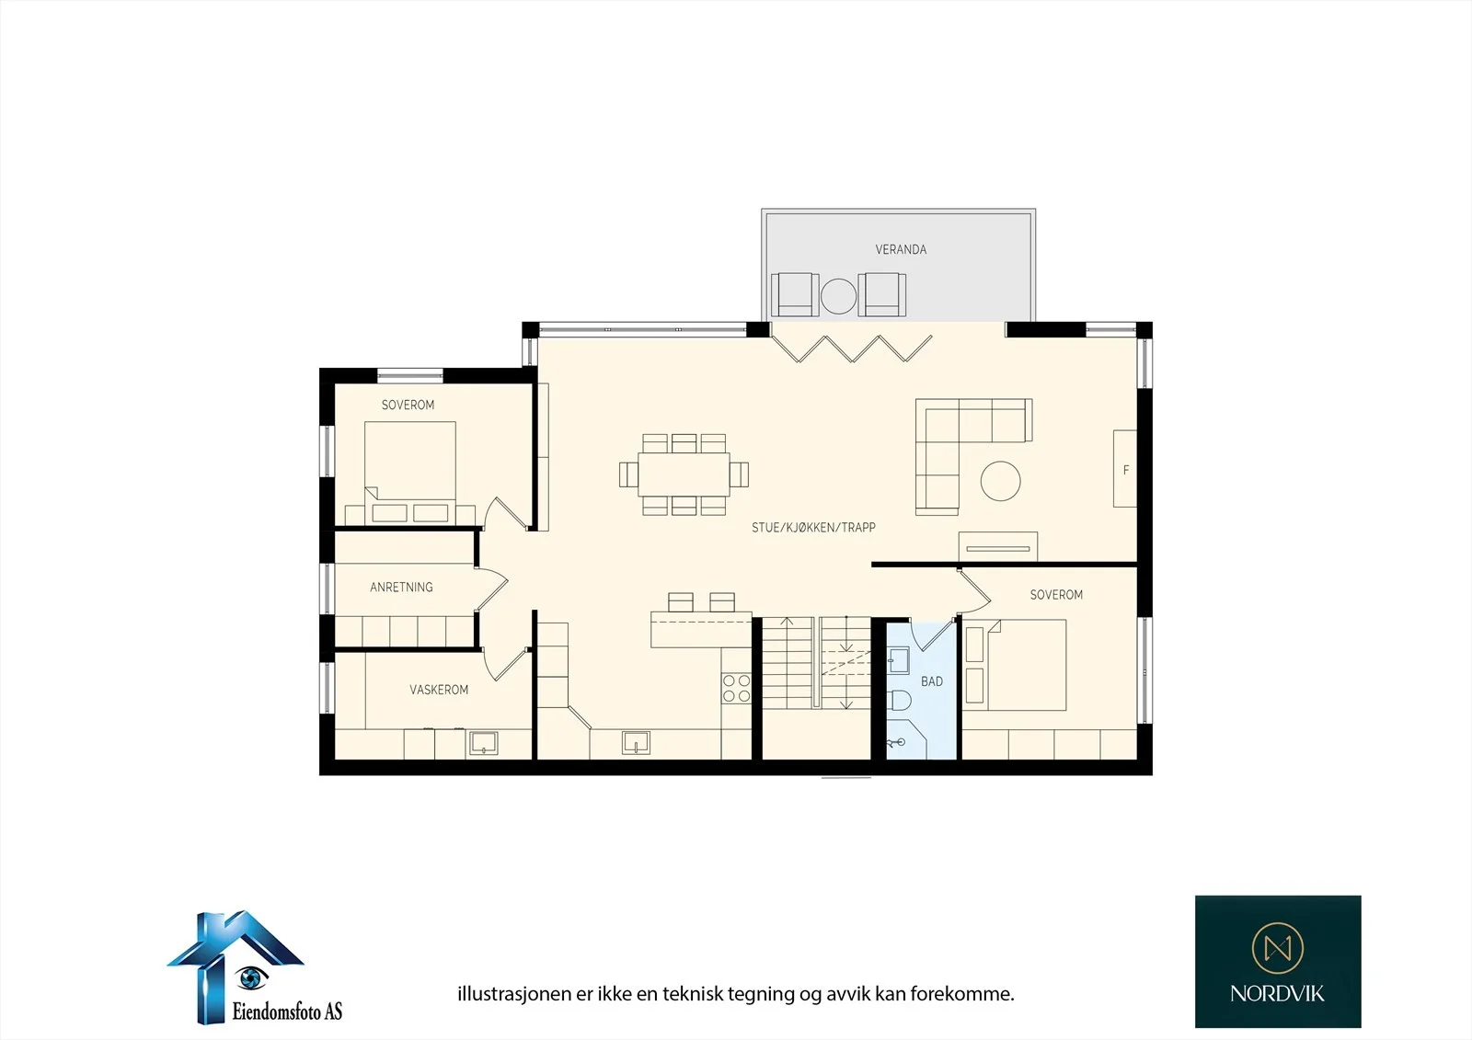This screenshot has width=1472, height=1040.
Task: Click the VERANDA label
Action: click(x=901, y=249)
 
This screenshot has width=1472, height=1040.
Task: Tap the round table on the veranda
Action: click(x=838, y=296)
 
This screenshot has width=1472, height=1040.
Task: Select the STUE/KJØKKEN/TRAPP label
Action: click(x=813, y=527)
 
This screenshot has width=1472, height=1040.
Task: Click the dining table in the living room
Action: click(x=684, y=474)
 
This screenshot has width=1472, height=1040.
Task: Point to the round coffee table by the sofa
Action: click(x=1000, y=481)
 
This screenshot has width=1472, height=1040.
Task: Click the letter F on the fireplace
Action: click(x=1126, y=470)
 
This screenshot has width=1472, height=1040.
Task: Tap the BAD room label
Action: click(x=932, y=681)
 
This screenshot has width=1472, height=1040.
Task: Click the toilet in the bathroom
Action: click(x=899, y=701)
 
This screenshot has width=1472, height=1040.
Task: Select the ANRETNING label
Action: click(x=401, y=588)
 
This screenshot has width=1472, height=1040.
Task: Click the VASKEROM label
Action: click(x=439, y=690)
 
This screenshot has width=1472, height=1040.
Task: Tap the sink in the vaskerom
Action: click(x=483, y=743)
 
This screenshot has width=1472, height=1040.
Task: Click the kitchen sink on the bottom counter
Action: click(x=636, y=743)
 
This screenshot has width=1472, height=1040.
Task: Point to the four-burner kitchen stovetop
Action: click(x=736, y=688)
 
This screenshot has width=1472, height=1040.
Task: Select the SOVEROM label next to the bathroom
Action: click(x=1056, y=595)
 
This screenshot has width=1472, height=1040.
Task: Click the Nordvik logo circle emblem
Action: click(x=1278, y=948)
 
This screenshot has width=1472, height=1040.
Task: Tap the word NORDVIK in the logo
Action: click(x=1278, y=994)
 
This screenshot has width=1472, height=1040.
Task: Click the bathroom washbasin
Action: click(x=898, y=661)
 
